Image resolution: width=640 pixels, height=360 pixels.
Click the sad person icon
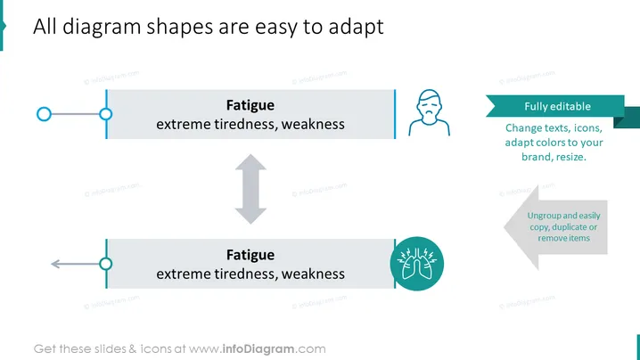click(429, 112)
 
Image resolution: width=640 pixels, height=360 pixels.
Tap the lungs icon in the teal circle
click(417, 264)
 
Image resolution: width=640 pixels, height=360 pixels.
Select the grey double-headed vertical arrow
click(250, 189)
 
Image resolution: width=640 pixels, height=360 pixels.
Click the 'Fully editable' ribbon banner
click(558, 107)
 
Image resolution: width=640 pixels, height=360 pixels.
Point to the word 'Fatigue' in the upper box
click(250, 105)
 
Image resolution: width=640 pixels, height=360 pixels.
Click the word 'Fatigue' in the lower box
click(250, 255)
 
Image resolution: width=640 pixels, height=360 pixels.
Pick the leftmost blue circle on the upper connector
click(44, 114)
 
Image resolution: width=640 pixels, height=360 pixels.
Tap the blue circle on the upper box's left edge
click(106, 114)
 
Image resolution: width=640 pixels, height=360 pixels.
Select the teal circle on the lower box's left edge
click(106, 264)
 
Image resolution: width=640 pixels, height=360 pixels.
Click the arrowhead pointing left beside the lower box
click(55, 264)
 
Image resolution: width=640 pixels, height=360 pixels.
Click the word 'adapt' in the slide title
click(356, 27)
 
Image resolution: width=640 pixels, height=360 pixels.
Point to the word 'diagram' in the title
click(102, 27)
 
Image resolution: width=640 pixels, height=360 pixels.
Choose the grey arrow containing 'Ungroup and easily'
click(555, 227)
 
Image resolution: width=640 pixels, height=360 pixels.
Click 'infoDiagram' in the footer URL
click(258, 349)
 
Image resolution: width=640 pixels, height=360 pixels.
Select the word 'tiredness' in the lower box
click(245, 274)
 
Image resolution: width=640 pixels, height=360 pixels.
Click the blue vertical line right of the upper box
click(395, 114)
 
